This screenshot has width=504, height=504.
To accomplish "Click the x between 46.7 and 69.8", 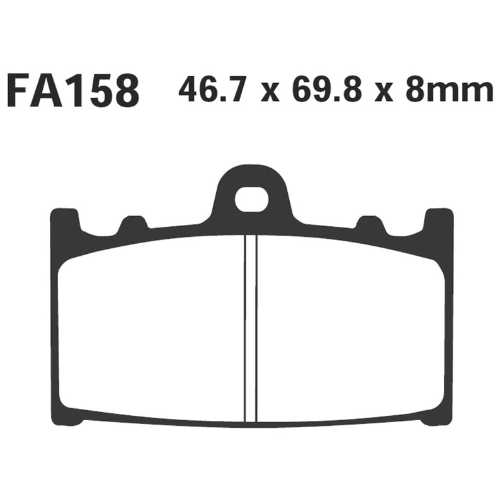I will click(270, 93).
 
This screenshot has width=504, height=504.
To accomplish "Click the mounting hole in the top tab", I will click(251, 198).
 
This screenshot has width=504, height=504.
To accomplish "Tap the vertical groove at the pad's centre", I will click(251, 328).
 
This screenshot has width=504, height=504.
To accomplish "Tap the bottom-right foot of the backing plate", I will click(435, 417).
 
